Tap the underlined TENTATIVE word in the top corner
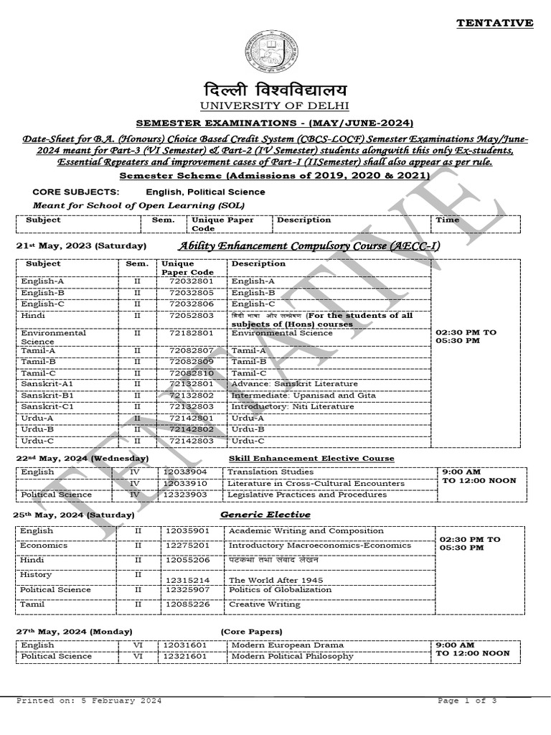point(495,23)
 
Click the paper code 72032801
point(185,282)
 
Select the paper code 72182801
point(185,333)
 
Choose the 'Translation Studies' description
point(270,472)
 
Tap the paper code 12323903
point(186,495)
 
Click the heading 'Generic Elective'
point(265,515)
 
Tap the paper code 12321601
point(186,656)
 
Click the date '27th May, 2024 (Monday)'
point(75,631)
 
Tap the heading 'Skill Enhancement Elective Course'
point(311,458)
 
